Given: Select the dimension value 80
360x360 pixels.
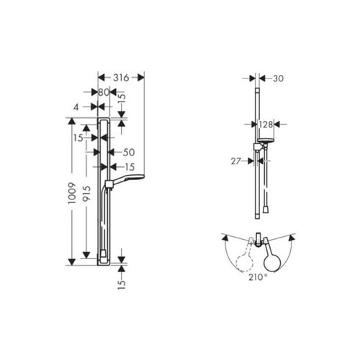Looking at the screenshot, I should [104, 92].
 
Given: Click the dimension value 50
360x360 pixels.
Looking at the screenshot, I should [129, 153].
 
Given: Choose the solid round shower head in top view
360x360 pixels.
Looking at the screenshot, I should [273, 257].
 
